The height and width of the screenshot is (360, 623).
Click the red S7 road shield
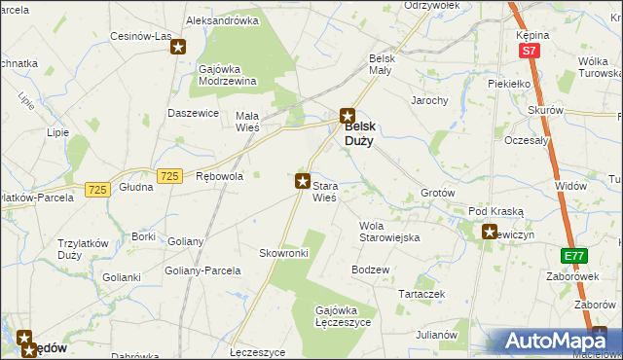point(529,51)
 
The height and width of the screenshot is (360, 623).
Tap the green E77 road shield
point(574,256)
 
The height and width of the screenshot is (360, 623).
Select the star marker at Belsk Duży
point(347,115)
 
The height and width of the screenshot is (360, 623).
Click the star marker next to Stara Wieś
point(303,180)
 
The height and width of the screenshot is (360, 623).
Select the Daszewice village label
point(192,114)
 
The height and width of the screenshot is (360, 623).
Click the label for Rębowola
point(219,177)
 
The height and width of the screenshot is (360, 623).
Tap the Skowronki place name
point(283,253)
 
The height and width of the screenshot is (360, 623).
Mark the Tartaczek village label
point(421,293)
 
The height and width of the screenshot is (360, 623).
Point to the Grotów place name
point(437,193)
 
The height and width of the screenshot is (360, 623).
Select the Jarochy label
point(429,100)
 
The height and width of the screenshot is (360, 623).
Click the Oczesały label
point(528,139)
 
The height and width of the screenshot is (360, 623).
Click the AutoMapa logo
point(557,342)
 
